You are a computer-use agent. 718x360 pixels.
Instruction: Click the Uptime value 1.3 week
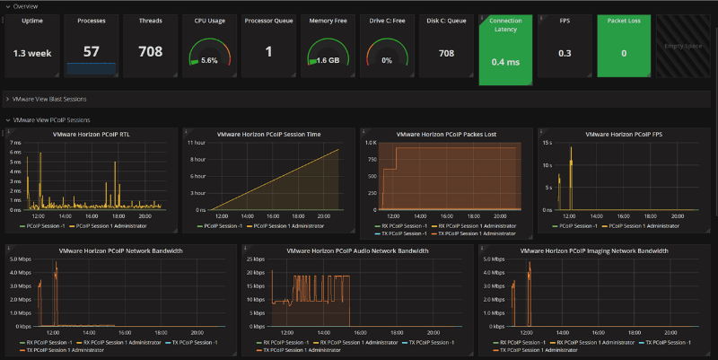point(32,52)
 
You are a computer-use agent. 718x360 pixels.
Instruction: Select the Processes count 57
point(91,51)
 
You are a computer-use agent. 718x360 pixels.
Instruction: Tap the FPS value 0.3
point(565,53)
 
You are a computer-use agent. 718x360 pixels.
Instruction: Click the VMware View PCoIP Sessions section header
point(51,119)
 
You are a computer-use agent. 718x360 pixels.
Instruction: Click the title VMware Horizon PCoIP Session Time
point(268,134)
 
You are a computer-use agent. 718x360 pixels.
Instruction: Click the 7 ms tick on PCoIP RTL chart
point(15,143)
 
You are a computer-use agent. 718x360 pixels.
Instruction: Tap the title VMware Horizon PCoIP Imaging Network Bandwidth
point(594,250)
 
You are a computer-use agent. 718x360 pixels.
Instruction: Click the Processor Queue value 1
point(268,51)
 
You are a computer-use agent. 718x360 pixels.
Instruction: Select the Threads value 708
point(150,51)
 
